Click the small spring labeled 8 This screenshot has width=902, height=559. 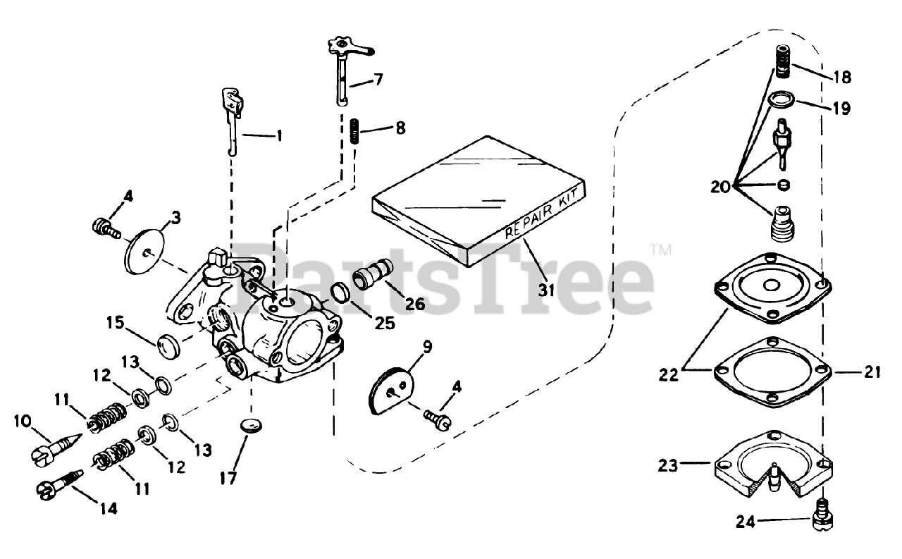(355, 132)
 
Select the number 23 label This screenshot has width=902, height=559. (669, 465)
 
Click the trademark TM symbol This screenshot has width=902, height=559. (660, 249)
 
